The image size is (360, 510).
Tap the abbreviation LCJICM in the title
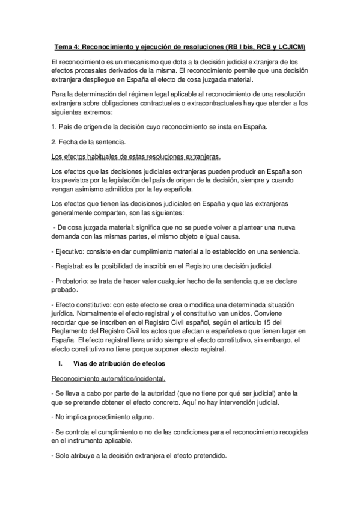coord(288,47)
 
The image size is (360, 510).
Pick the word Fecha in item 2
coord(66,142)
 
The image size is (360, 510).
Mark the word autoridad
coord(156,392)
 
